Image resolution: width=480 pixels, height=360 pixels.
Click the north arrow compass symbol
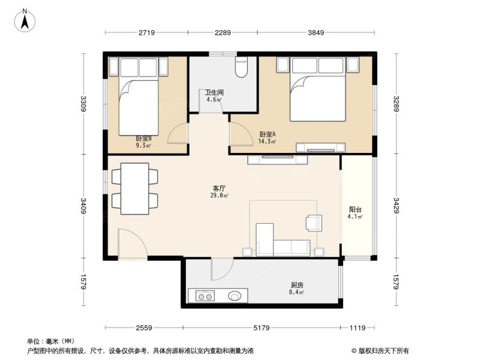[25, 20]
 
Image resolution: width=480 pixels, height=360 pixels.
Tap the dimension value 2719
[146, 32]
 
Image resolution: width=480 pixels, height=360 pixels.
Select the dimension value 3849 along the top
[316, 32]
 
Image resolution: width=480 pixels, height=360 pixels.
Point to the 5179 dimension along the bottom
[262, 328]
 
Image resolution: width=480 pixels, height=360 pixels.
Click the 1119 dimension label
[358, 328]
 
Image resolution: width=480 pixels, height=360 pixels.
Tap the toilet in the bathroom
[241, 67]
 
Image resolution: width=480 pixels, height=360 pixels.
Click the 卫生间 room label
[214, 92]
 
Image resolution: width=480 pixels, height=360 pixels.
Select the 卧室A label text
[268, 134]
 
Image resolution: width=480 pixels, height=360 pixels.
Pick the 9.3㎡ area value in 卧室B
[143, 146]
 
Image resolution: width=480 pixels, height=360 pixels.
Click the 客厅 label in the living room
[220, 188]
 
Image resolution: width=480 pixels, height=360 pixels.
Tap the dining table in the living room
[134, 188]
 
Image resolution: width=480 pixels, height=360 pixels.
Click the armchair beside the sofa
[314, 223]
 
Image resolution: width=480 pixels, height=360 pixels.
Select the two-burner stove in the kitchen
[205, 296]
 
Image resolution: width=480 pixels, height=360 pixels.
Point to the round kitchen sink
[235, 296]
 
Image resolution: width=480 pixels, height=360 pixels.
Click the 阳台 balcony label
[355, 209]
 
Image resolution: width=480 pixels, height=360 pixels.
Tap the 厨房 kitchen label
[297, 285]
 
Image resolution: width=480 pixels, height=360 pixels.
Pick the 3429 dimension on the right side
[396, 205]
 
